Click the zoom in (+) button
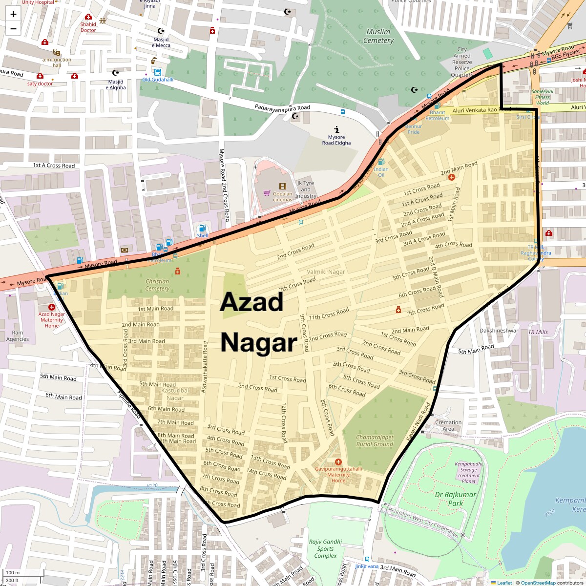[13, 14]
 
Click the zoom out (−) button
[13, 29]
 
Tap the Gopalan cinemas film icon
[282, 186]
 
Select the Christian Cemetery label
[157, 285]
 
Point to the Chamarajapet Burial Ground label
[375, 441]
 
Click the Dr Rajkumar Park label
[455, 499]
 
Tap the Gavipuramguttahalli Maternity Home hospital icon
[338, 462]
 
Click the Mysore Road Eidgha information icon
[336, 129]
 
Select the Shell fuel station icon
[202, 229]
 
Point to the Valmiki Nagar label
[326, 272]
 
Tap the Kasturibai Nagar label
[175, 394]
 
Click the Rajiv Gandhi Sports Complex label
[325, 548]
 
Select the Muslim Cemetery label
[378, 36]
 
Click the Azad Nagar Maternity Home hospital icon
[52, 307]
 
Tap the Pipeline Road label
[129, 404]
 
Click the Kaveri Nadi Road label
[419, 422]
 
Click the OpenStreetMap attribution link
[538, 583]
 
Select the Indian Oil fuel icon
[381, 162]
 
